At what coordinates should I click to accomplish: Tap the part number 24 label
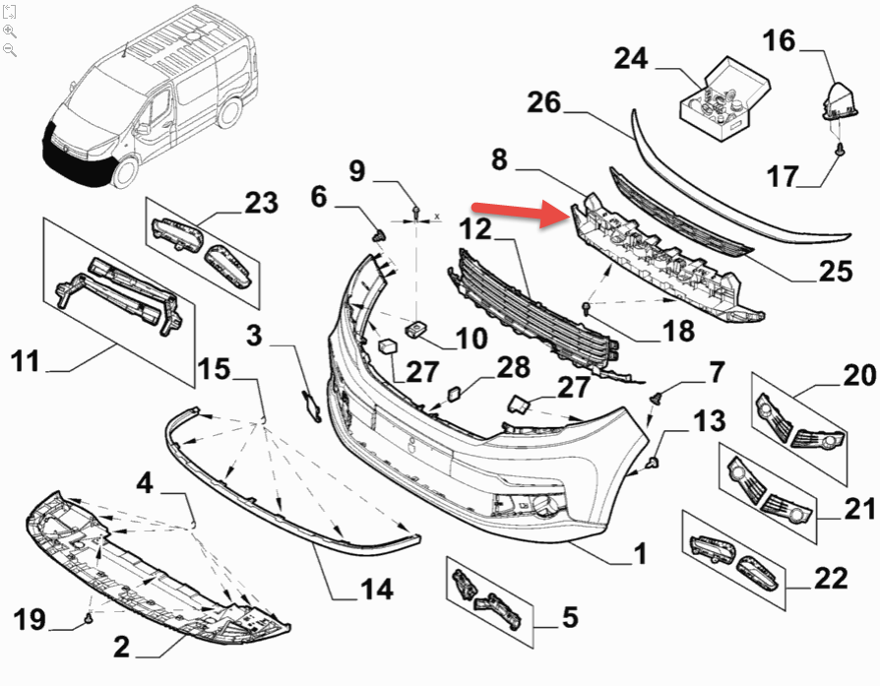630,59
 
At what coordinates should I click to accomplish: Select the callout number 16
778,41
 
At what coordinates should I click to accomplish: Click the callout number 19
30,619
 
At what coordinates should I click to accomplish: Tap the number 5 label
570,618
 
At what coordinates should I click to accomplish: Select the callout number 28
513,368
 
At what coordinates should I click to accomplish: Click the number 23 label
261,203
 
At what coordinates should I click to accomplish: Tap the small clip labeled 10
416,327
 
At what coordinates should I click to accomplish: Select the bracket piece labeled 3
310,404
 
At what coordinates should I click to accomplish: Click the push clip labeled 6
378,234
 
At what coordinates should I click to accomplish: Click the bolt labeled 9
416,211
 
